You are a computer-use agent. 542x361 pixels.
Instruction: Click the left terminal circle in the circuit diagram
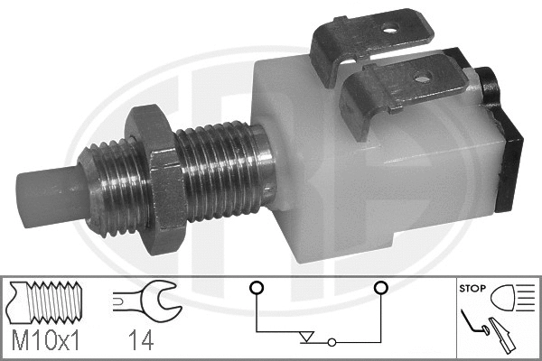pyautogui.click(x=257, y=288)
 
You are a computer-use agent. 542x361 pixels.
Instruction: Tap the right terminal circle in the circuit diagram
pyautogui.click(x=380, y=288)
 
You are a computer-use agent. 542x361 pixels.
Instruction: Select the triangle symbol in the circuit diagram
pyautogui.click(x=308, y=337)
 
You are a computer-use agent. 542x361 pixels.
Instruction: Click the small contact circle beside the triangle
pyautogui.click(x=332, y=342)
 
